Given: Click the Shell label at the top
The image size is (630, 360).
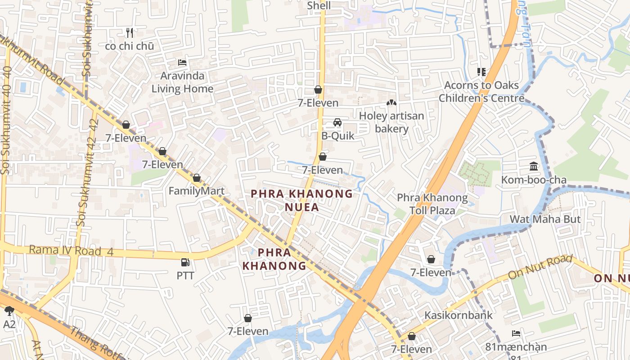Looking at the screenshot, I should [319, 6].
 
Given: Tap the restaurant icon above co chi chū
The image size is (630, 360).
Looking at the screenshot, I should [130, 32].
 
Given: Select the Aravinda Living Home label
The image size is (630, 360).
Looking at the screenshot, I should [182, 82].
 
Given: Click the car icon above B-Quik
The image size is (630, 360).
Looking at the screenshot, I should [337, 122].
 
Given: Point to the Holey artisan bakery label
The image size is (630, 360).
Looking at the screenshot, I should [391, 122].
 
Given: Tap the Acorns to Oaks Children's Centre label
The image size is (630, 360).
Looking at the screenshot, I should [481, 91].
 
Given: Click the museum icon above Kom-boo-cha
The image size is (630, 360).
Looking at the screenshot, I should [534, 166].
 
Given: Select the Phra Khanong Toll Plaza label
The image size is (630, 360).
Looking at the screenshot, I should [432, 204].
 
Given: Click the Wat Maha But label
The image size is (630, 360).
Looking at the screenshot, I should [545, 219].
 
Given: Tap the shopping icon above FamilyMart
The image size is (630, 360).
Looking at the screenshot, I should [197, 178].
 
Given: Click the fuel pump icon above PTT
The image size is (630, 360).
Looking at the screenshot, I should [185, 262].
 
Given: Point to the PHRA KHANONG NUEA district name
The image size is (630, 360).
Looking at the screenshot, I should [302, 200].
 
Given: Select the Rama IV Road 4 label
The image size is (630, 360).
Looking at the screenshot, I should [71, 250].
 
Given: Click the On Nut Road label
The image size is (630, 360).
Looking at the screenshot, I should [540, 267].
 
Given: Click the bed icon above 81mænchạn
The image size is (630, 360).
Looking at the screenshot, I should [516, 333].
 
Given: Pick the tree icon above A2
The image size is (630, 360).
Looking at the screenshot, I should [9, 310].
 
